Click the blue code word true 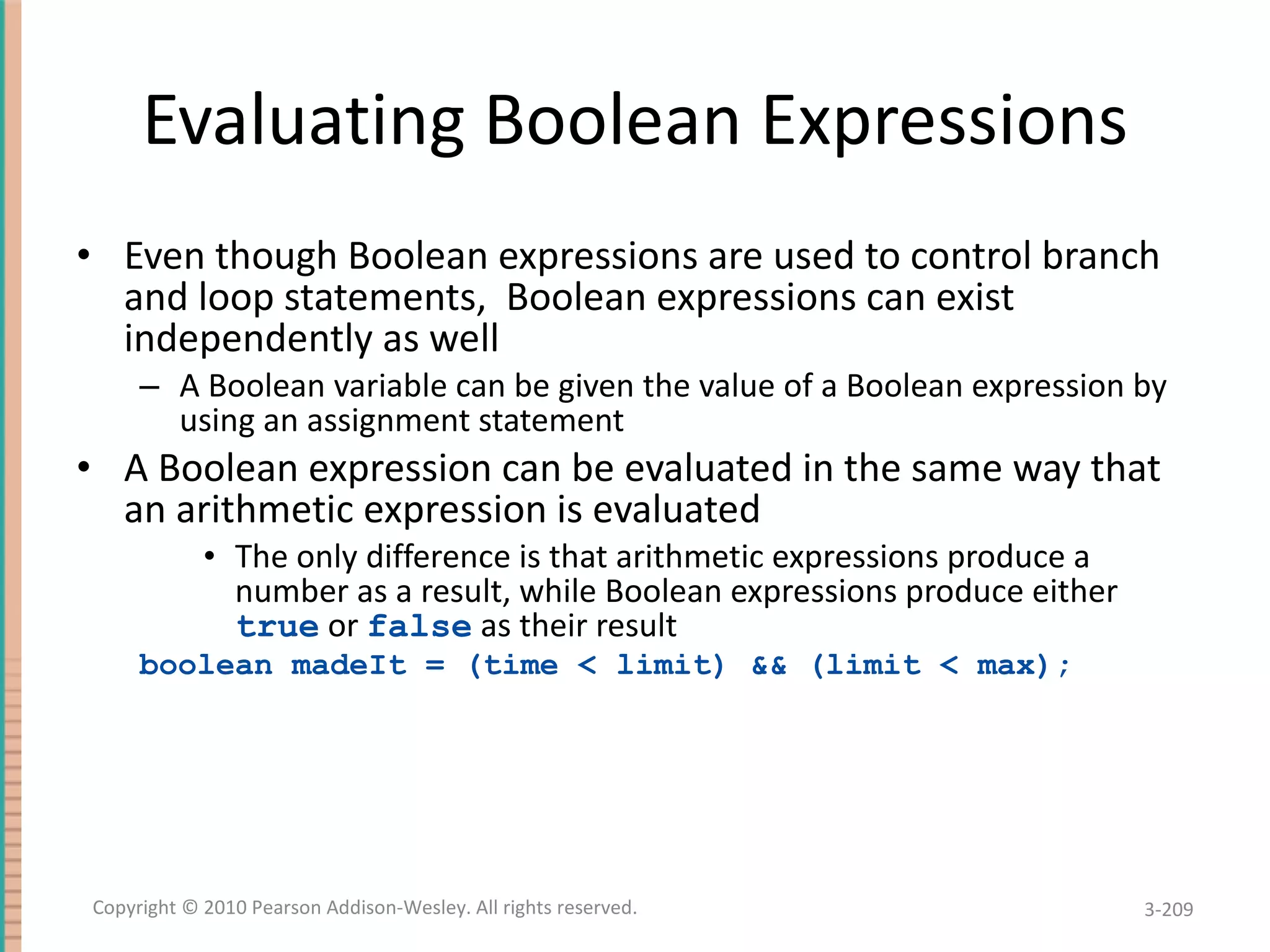277,626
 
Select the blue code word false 420,626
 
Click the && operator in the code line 769,666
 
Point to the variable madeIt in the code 349,666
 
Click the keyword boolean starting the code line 205,666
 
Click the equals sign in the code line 435,666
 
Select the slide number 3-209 1168,909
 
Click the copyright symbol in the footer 190,907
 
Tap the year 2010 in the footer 226,907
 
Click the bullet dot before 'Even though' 84,255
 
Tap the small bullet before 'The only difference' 210,557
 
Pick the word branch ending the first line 1101,255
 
